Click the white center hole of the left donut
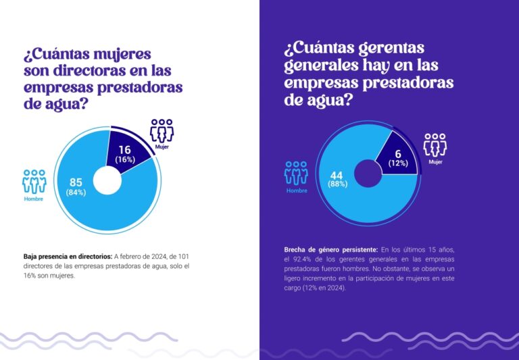[107, 180]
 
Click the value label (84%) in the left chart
[76, 192]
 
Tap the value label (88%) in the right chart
[338, 184]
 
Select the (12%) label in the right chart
[398, 163]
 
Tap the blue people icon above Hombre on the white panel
[34, 181]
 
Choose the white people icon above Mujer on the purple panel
[435, 145]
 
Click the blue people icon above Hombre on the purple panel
[296, 173]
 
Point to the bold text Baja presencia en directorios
[67, 257]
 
